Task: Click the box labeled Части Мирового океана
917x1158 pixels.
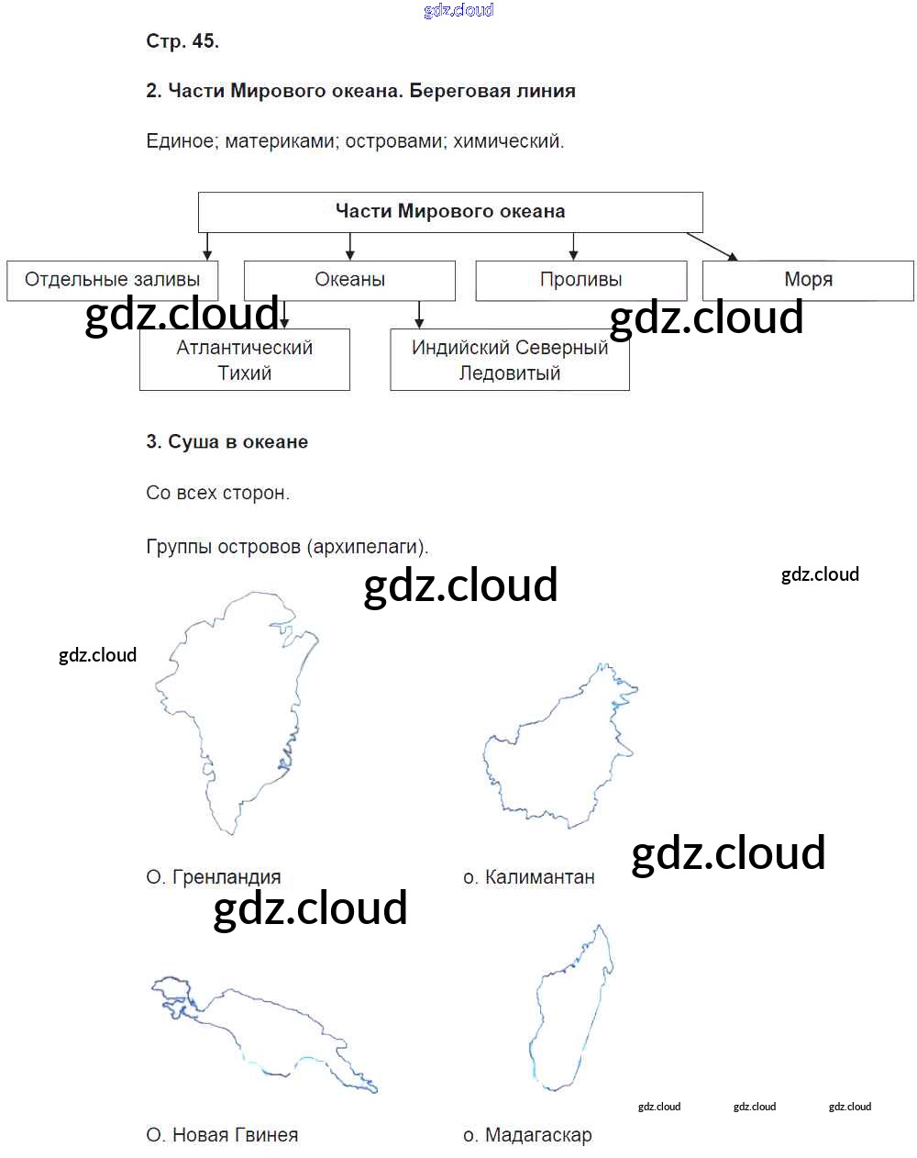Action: tap(450, 212)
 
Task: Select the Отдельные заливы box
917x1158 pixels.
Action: tap(112, 280)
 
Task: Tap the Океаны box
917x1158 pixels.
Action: tap(349, 280)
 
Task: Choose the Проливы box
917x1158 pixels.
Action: tap(580, 280)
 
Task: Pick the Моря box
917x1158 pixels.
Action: tap(808, 280)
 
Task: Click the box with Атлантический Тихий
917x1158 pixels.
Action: tap(244, 360)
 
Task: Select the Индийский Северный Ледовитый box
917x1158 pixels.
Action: tap(509, 360)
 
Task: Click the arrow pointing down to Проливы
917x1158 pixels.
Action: tap(573, 246)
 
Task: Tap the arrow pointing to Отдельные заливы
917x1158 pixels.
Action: tap(207, 246)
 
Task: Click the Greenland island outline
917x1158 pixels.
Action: tap(238, 707)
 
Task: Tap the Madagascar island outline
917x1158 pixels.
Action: tap(569, 1009)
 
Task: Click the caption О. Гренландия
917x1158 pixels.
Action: tap(214, 877)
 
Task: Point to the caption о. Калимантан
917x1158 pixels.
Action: tap(529, 877)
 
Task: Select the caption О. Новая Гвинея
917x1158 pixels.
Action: tap(222, 1135)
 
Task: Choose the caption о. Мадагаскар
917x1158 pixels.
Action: tap(527, 1135)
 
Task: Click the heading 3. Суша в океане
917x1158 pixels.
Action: tap(226, 442)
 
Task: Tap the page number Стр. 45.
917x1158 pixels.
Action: tap(182, 41)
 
